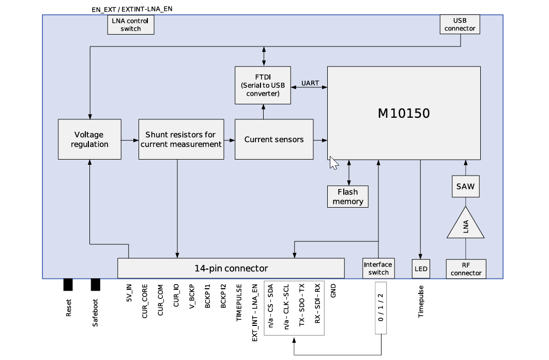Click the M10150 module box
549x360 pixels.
click(404, 113)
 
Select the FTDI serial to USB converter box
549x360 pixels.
click(263, 85)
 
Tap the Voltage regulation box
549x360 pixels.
click(89, 139)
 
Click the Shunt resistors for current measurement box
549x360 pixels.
click(181, 139)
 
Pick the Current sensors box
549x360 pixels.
click(274, 139)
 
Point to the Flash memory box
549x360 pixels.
click(348, 197)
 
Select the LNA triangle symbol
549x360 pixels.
click(466, 226)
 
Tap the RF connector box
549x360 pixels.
click(466, 269)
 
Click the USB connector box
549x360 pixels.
click(460, 24)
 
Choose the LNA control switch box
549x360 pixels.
click(131, 25)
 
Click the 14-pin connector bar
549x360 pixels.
click(231, 268)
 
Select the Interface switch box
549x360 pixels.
click(378, 269)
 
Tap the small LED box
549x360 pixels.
click(420, 269)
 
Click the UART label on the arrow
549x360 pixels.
click(310, 83)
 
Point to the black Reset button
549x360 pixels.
click(68, 285)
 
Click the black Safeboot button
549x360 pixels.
click(95, 285)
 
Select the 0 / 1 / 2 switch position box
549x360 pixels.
click(380, 308)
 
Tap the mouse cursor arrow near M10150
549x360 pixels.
click(333, 163)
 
